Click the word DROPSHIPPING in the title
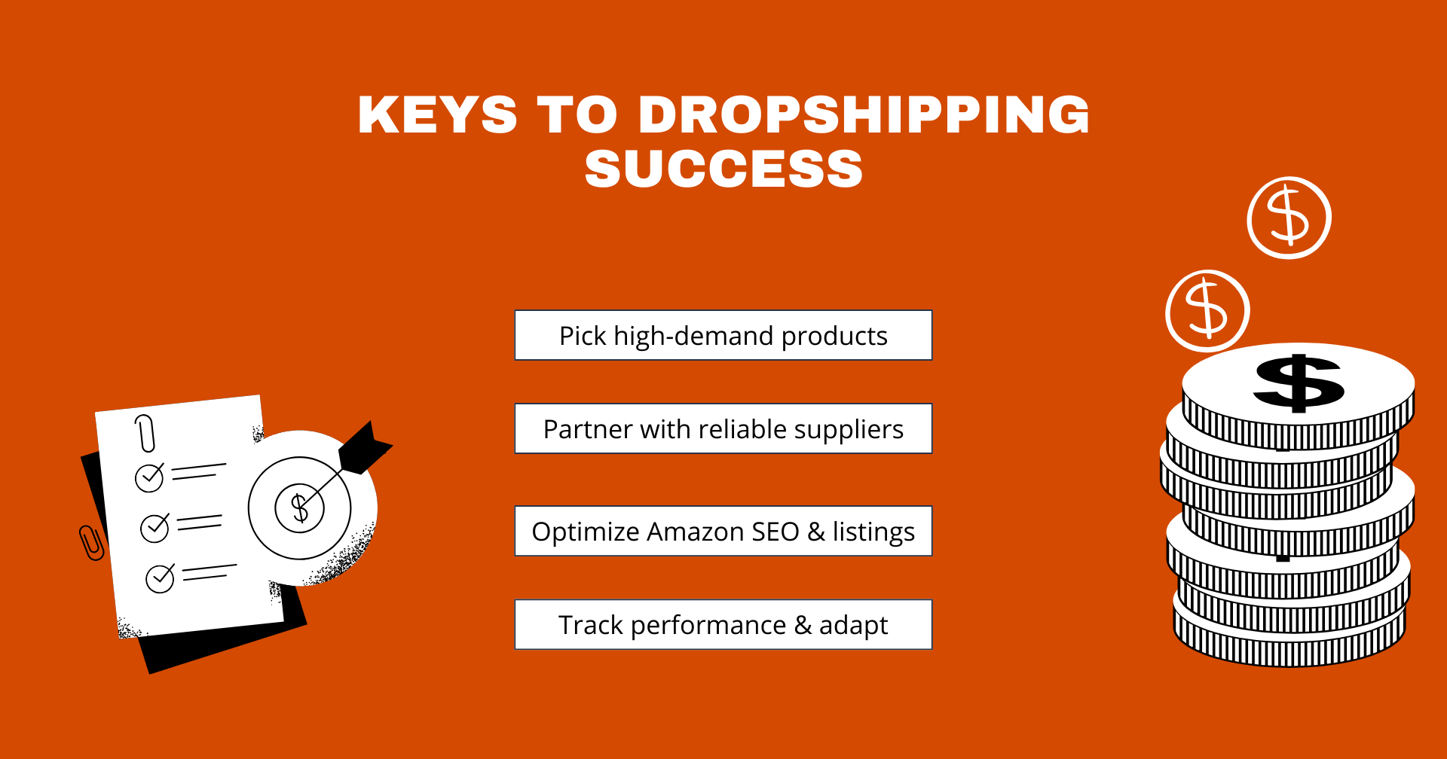pyautogui.click(x=864, y=114)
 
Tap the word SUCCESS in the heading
pyautogui.click(x=723, y=169)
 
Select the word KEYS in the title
pyautogui.click(x=438, y=114)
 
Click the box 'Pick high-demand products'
pyautogui.click(x=723, y=335)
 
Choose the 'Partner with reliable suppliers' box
pyautogui.click(x=723, y=428)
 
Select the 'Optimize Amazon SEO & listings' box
pyautogui.click(x=723, y=531)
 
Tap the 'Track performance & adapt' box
pyautogui.click(x=723, y=624)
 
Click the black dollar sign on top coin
pyautogui.click(x=1299, y=383)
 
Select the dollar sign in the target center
pyautogui.click(x=300, y=508)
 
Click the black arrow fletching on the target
pyautogui.click(x=365, y=449)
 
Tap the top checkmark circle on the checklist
pyautogui.click(x=149, y=477)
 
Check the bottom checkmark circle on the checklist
pyautogui.click(x=160, y=578)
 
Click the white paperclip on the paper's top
pyautogui.click(x=145, y=433)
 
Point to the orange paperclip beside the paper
pyautogui.click(x=91, y=543)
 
